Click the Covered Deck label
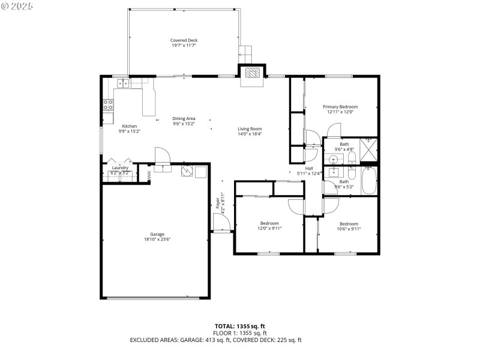point(183,40)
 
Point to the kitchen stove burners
point(109,106)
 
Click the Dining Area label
point(184,118)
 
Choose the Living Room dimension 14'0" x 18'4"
point(250,134)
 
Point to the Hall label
point(309,168)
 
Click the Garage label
point(157,234)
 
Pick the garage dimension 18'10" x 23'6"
point(157,239)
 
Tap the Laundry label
point(120,167)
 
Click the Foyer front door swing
point(223,223)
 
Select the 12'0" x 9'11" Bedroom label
point(269,223)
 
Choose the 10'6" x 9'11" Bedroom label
point(348,223)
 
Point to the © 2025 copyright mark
point(18,6)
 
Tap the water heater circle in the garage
point(187,171)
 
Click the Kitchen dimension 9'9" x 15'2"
point(112,131)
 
